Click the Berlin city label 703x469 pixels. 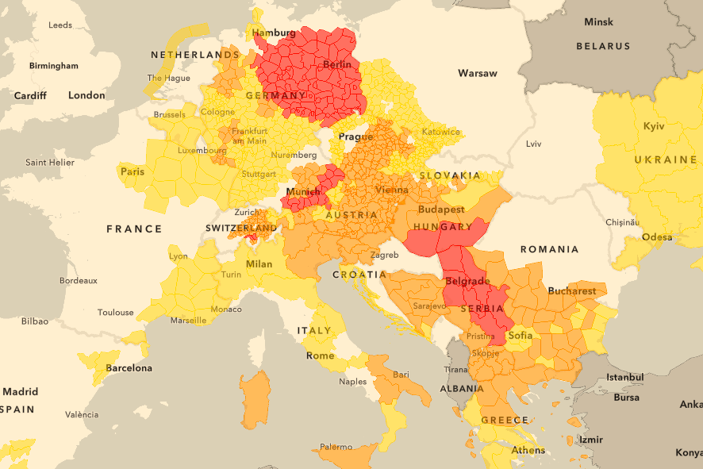(337, 64)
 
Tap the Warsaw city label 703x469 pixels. (477, 73)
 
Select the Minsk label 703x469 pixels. (598, 21)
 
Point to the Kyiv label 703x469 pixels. (654, 126)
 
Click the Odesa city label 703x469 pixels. (657, 236)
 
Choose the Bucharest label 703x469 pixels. (571, 290)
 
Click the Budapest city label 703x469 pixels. (441, 210)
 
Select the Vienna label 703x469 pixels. (392, 190)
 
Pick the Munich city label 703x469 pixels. (302, 192)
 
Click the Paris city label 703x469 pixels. (132, 171)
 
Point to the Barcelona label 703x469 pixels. (129, 368)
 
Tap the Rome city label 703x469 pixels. (320, 356)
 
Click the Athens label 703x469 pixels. (528, 450)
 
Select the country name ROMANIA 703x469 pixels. (550, 249)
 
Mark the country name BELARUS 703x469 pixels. (603, 47)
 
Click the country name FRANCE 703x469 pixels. (134, 229)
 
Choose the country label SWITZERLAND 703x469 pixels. (239, 228)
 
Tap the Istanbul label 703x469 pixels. (624, 379)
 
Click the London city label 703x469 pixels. (86, 95)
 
